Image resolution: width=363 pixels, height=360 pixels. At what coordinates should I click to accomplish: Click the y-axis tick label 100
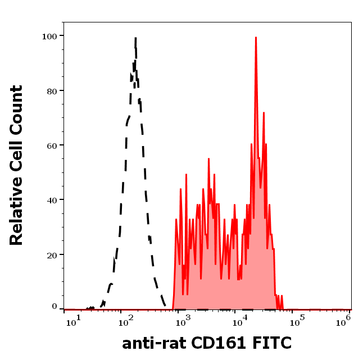50,36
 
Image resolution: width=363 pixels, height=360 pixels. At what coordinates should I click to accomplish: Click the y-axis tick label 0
55,307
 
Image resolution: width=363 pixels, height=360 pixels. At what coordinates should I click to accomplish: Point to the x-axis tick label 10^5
297,320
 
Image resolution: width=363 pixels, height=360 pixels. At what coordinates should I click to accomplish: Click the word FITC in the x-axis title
273,343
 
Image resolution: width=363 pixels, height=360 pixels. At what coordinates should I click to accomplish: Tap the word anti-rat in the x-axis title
152,343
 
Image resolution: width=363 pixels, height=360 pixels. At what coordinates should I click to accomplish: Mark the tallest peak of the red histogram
256,38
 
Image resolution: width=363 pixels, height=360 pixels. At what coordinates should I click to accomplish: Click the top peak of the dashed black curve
135,39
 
